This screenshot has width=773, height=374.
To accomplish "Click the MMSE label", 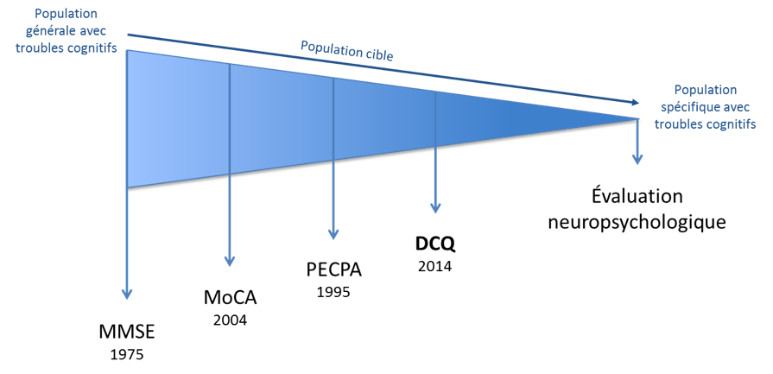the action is pos(127,332).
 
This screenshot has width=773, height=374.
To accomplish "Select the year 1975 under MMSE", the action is pos(127,354).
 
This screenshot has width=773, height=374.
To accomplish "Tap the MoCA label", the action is pos(231,298).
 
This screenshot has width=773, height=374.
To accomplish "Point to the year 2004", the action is pos(231,320).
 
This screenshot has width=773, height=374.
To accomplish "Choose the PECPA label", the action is pos(333,270).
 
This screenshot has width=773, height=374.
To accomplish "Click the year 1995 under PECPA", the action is pos(333,292).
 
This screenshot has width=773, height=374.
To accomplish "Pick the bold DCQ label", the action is pos(434,244).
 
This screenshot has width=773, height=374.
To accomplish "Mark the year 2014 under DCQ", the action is pos(434,266).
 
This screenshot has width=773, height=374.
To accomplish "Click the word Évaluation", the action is pos(637,197).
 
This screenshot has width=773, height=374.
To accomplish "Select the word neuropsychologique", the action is pos(637,221).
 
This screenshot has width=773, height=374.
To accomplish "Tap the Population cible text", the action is pos(347,51).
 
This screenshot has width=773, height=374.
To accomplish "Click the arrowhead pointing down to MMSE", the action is pos(127,295).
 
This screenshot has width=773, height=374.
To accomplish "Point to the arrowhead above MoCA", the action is pos(230,261).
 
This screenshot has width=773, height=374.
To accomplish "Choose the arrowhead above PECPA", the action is pos(333,233).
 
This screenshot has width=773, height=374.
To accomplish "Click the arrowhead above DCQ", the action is pos(434,207).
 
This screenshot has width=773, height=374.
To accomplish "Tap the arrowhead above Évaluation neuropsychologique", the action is pos(637,159).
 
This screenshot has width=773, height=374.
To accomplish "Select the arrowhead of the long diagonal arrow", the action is pos(635,102).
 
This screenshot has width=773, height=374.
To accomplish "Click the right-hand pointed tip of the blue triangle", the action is pos(637,118).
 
